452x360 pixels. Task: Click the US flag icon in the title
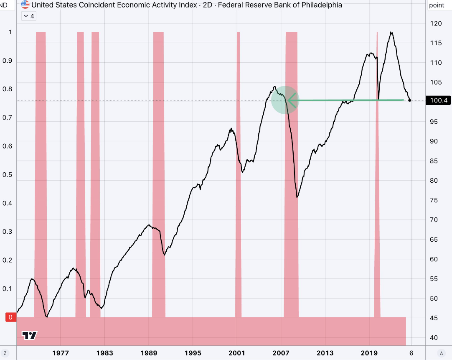[25, 5]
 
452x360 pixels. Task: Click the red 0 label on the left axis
[10, 317]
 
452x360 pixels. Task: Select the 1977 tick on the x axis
[61, 352]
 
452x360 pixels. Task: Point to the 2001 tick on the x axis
[237, 352]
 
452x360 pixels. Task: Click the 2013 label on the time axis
[325, 352]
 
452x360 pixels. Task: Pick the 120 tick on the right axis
[436, 23]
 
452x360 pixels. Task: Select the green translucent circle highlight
[285, 100]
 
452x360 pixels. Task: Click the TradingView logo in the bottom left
[30, 335]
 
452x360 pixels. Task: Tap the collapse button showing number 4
[29, 16]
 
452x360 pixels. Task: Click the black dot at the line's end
[410, 100]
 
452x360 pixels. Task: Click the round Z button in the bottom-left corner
[5, 352]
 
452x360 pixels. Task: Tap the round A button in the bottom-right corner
[441, 352]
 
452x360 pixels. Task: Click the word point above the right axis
[437, 5]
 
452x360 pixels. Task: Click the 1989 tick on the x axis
[149, 352]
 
